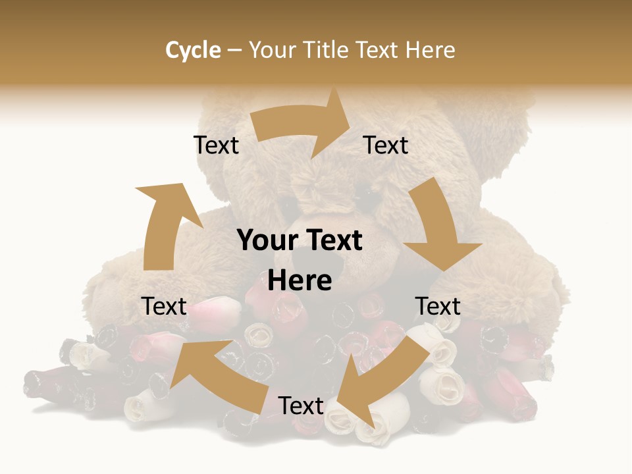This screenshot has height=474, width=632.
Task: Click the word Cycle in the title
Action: pyautogui.click(x=193, y=50)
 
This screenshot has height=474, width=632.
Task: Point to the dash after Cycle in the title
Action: pyautogui.click(x=234, y=51)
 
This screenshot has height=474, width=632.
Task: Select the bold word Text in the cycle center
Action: pyautogui.click(x=333, y=241)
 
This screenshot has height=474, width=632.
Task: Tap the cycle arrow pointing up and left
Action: pyautogui.click(x=217, y=375)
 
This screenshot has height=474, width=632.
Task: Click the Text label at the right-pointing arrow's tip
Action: pyautogui.click(x=386, y=145)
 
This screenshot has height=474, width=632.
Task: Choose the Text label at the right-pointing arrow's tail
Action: pyautogui.click(x=216, y=145)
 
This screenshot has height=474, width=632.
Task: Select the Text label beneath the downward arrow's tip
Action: pyautogui.click(x=438, y=306)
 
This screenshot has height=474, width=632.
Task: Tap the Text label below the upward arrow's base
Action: pyautogui.click(x=164, y=306)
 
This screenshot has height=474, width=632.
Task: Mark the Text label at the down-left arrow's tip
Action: pyautogui.click(x=301, y=406)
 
